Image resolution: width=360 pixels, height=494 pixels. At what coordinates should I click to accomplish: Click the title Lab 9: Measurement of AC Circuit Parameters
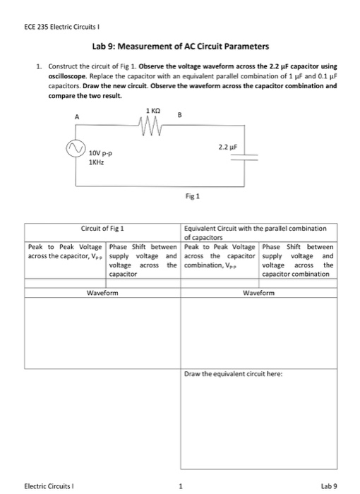(180, 47)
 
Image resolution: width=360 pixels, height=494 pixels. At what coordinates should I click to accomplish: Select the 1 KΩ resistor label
(152, 112)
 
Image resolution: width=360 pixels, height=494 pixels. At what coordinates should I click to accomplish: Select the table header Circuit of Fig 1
(102, 229)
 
